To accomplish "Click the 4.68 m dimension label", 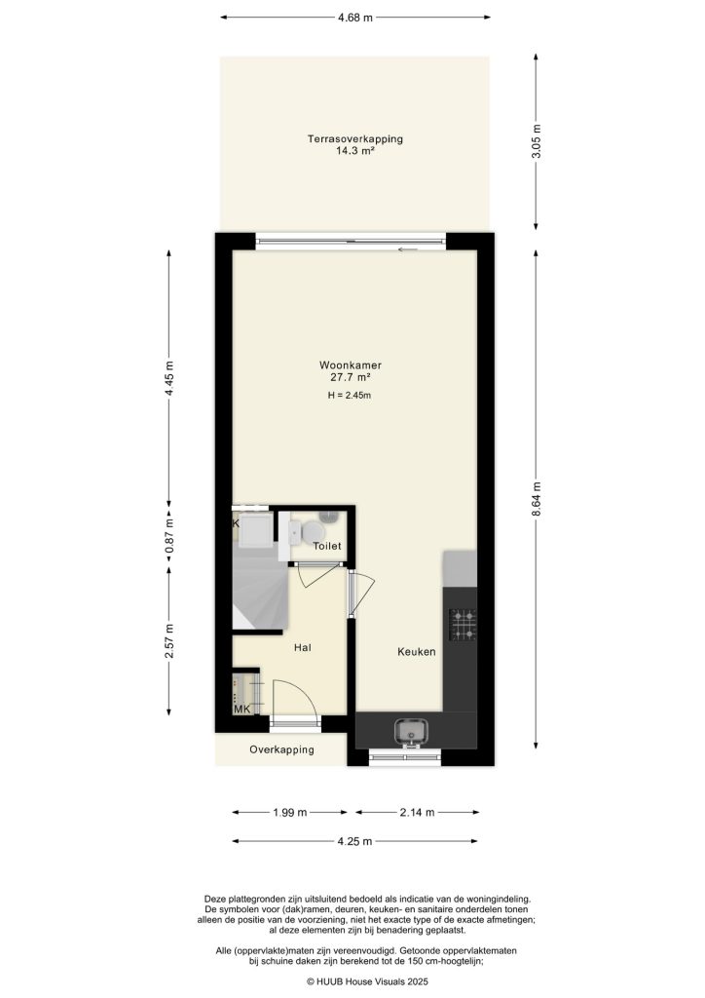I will click(354, 17).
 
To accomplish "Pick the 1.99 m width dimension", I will click(289, 812).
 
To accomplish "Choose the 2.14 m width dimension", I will click(417, 812).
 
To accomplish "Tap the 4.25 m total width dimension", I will click(354, 842).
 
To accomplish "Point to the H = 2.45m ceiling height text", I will click(350, 396).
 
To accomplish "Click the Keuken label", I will click(416, 652).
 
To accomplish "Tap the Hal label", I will click(302, 646).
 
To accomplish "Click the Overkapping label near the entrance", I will click(281, 750).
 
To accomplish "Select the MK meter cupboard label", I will click(241, 710).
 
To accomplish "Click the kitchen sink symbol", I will click(410, 730).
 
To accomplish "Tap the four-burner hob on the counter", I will click(462, 625).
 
